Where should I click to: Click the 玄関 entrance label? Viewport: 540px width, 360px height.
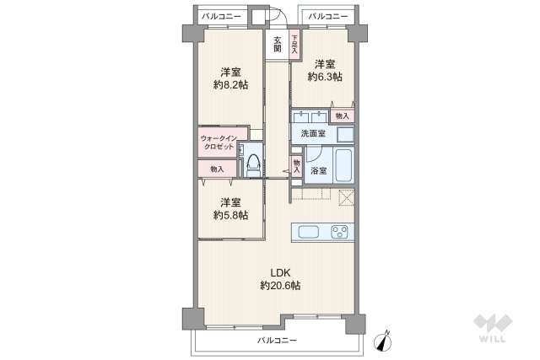tap(276, 44)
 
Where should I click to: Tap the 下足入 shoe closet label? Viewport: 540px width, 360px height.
tap(294, 44)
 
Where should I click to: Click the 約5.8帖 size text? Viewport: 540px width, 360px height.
tap(229, 209)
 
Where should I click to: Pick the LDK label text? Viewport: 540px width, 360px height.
tap(279, 272)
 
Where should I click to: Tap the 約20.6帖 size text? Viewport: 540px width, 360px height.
tap(279, 286)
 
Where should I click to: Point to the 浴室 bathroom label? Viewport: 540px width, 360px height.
tap(318, 170)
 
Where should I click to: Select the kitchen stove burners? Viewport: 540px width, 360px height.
tap(340, 233)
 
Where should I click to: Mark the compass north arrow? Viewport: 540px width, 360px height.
tap(387, 341)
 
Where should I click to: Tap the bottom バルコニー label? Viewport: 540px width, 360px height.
tap(277, 341)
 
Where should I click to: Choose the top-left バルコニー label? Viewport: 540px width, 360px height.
tap(221, 15)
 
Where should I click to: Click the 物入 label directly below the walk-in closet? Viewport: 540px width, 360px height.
tap(218, 169)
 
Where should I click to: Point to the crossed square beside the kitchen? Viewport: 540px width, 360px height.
tap(346, 198)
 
